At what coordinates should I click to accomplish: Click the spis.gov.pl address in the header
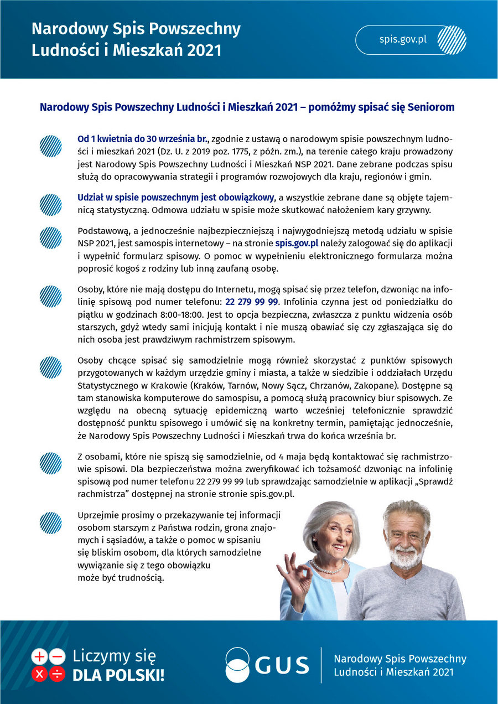tap(403, 40)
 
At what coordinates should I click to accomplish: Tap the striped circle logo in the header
tap(452, 40)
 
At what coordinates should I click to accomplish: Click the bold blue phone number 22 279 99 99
tap(251, 302)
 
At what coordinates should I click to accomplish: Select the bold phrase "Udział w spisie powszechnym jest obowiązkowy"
tap(176, 198)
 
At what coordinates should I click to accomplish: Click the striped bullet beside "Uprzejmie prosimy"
tap(50, 522)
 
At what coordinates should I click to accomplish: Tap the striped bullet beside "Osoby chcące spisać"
tap(50, 367)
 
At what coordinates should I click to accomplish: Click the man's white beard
tap(406, 557)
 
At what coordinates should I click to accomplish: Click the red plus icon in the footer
tap(40, 657)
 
